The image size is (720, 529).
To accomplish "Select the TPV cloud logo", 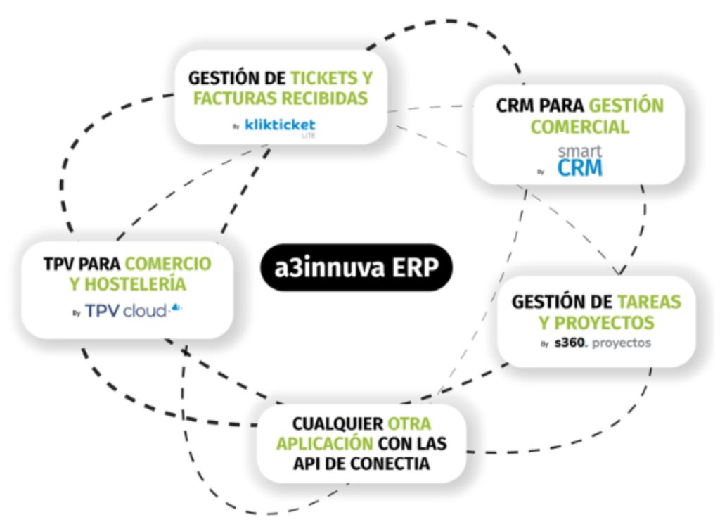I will pyautogui.click(x=127, y=310).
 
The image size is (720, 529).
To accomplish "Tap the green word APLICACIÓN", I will pyautogui.click(x=323, y=445).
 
